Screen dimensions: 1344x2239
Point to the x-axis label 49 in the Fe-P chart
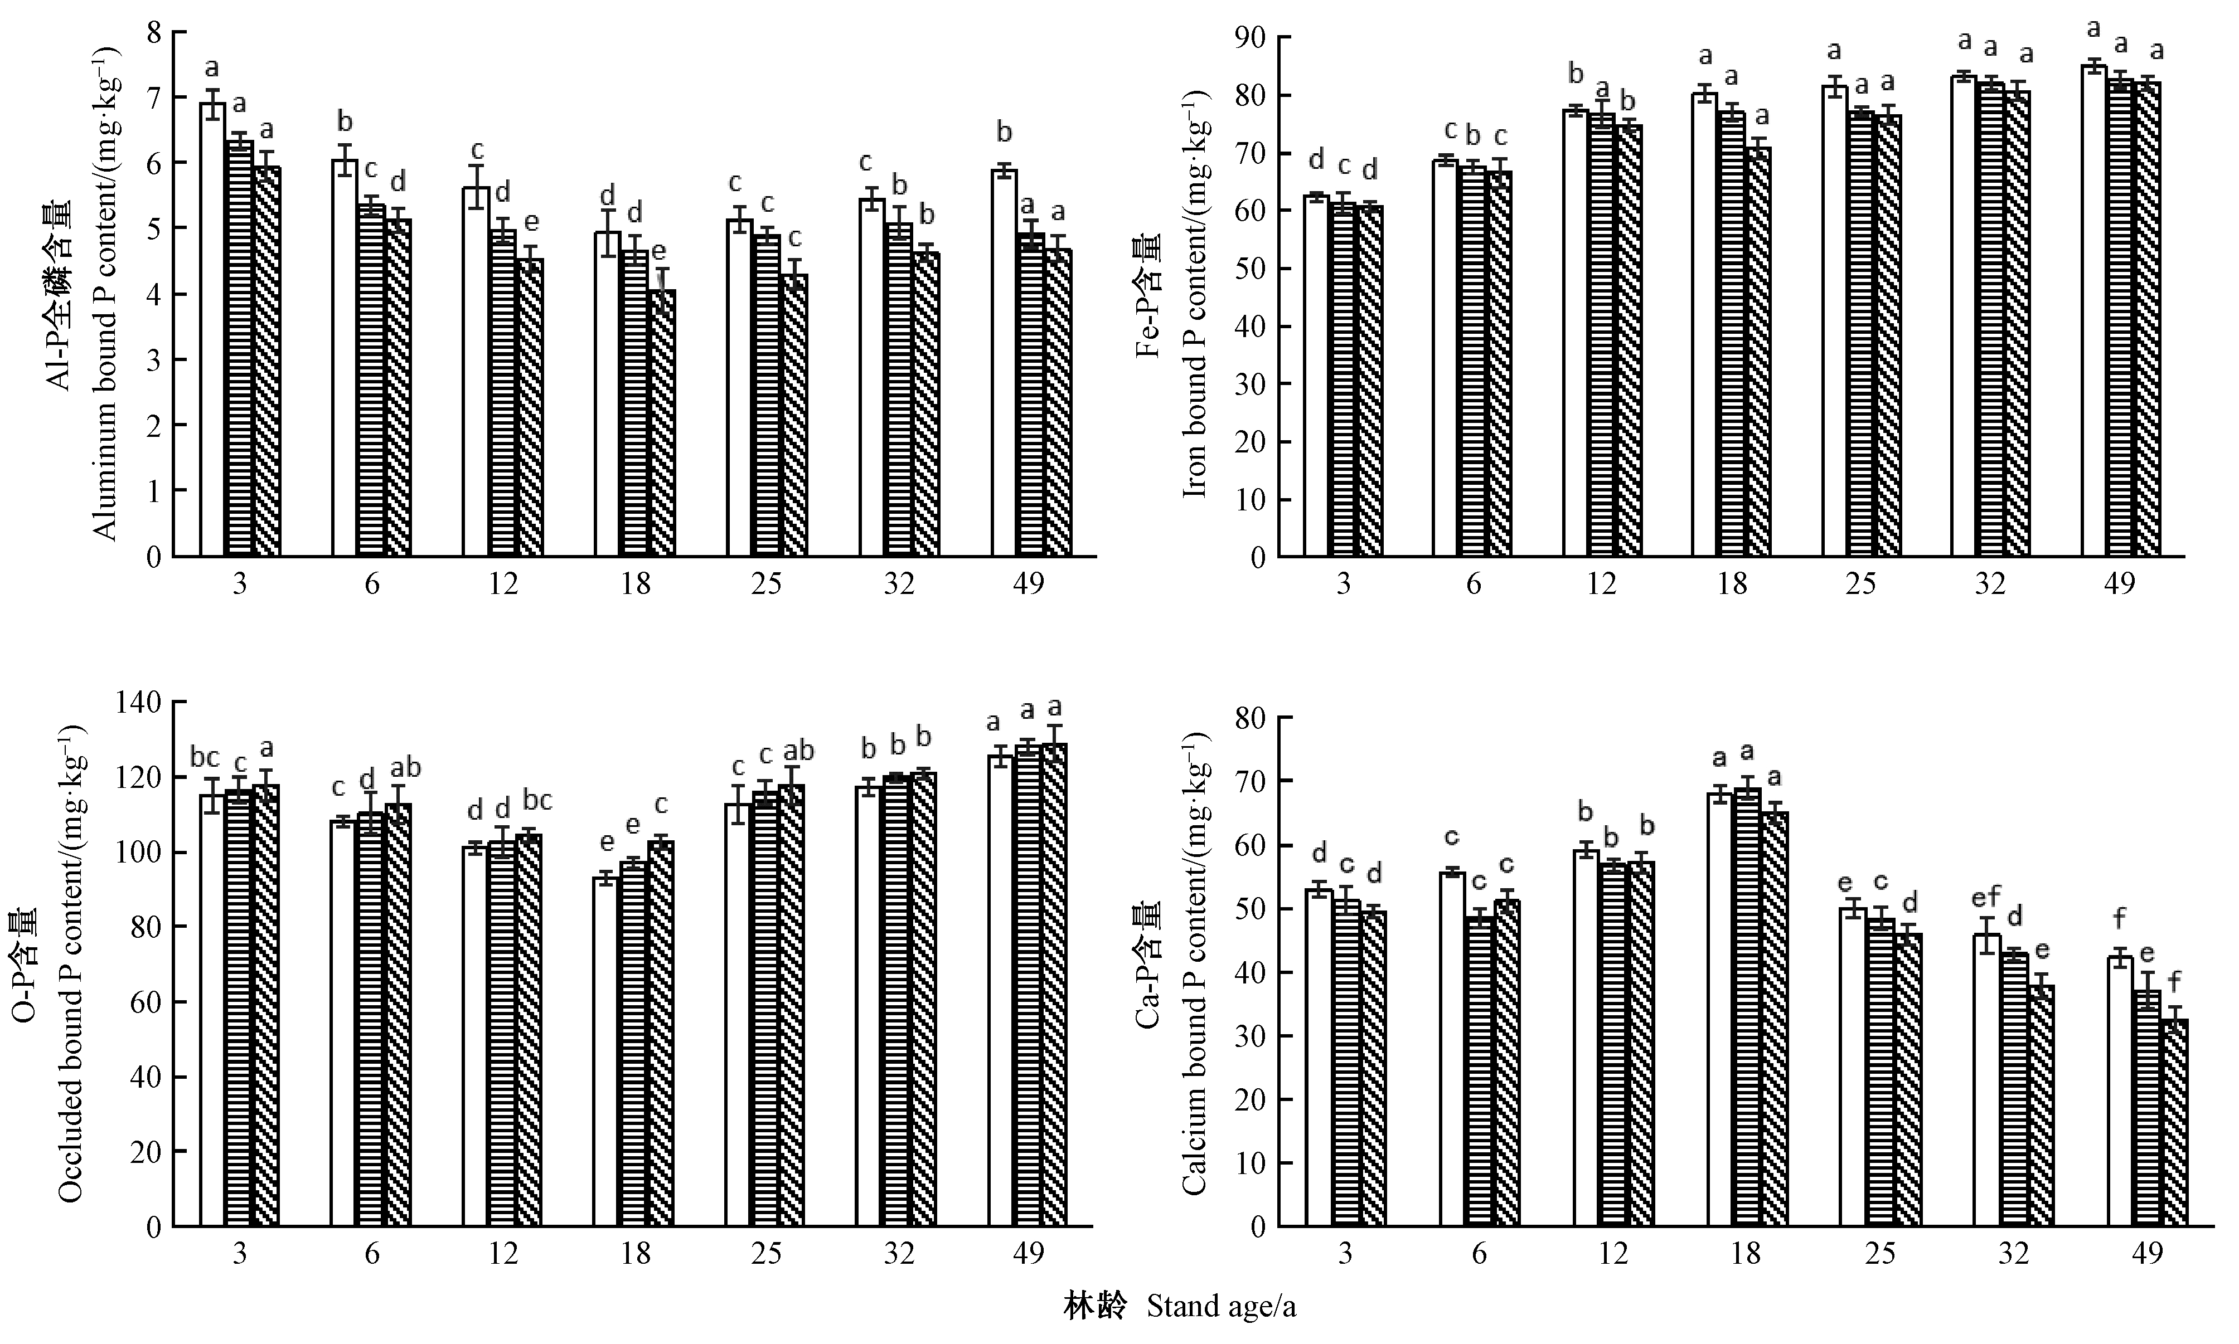point(2119,584)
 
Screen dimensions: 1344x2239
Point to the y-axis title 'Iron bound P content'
point(1196,299)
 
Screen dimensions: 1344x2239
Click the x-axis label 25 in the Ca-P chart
point(1880,1254)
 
